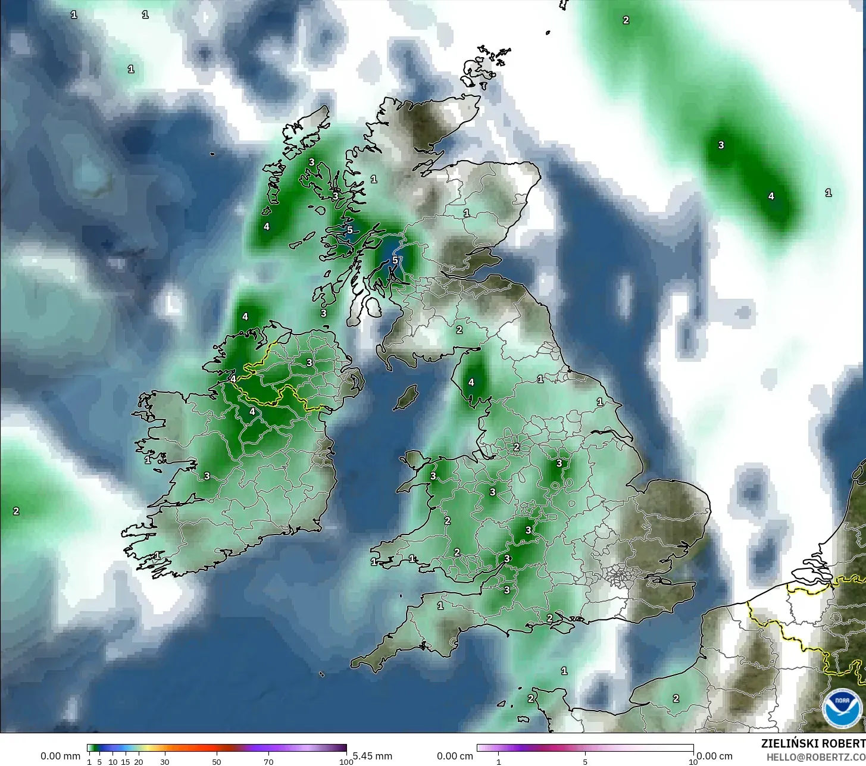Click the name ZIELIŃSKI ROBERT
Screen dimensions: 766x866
813,743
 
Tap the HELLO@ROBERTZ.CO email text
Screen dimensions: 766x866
815,757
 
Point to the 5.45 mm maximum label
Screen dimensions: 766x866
373,756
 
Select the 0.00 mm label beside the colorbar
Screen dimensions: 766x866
60,756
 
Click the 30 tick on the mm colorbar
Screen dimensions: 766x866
165,762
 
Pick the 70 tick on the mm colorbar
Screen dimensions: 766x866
268,762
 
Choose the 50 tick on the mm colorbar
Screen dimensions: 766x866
217,762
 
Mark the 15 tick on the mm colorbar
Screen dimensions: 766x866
126,762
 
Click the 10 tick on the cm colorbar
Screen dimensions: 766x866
693,762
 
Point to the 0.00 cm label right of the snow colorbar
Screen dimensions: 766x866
714,756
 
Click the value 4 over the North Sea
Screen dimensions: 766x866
771,196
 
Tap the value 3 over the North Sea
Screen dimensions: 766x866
721,145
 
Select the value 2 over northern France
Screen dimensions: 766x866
676,699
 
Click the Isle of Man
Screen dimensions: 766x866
407,397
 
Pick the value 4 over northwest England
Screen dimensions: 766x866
471,382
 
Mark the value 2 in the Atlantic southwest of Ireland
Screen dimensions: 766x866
16,511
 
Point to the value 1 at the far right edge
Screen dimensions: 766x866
829,193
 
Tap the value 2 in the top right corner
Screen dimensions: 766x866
626,20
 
